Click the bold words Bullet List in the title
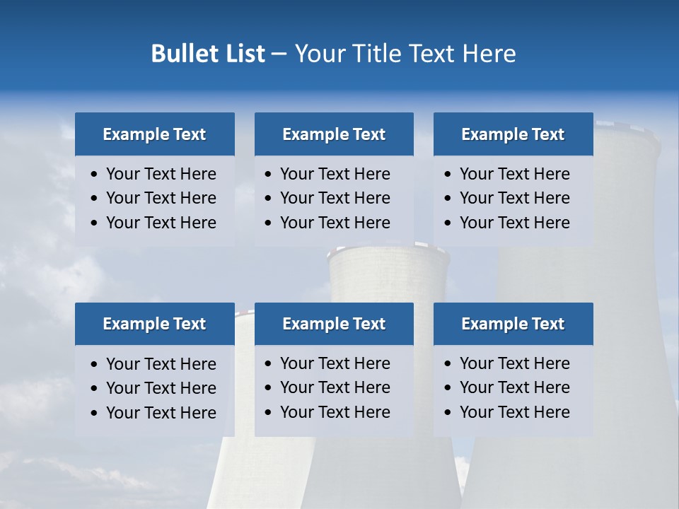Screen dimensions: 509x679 208,54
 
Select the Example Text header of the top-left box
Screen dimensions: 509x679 154,134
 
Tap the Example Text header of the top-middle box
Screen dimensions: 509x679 334,134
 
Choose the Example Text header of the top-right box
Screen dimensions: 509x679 513,134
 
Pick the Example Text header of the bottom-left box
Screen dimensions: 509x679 154,324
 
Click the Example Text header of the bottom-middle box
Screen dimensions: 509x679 334,324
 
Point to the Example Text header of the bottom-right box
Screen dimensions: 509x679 513,324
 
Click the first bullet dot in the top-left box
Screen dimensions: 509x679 95,175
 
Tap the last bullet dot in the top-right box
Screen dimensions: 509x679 448,223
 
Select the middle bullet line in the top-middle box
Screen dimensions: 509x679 335,198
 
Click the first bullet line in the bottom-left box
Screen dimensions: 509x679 161,364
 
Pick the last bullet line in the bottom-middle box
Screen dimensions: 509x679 335,412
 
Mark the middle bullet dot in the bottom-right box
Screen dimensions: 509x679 448,388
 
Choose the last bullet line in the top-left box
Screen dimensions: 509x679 161,223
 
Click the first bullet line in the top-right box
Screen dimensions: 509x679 514,174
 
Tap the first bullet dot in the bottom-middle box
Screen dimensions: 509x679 269,364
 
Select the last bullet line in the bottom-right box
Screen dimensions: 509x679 514,412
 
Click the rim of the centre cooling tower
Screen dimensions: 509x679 388,249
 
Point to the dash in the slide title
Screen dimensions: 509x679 279,54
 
